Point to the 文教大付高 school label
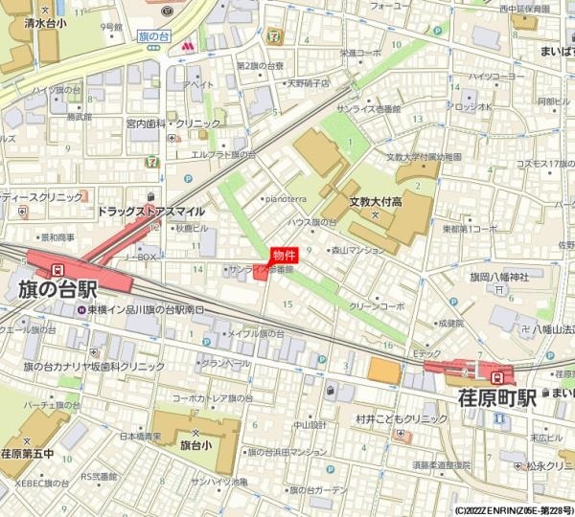(x=374, y=202)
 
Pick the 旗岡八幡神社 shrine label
(x=499, y=278)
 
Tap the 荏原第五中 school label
(x=26, y=454)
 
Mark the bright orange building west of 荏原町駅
(x=383, y=371)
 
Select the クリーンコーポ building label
(x=377, y=306)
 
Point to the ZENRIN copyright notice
(x=514, y=510)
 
